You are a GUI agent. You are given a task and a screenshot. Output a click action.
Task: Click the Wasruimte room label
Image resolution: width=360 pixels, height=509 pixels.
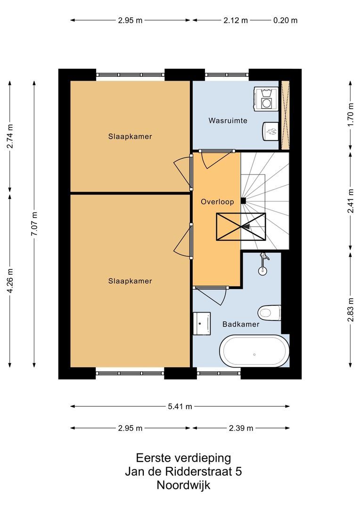(x=228, y=121)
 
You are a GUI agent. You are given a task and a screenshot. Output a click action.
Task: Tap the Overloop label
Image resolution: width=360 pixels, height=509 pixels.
(x=217, y=202)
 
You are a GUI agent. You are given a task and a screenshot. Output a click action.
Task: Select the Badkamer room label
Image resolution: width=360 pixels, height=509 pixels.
(x=241, y=324)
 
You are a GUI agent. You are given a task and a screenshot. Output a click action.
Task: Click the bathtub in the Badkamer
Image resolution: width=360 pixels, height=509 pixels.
(x=254, y=351)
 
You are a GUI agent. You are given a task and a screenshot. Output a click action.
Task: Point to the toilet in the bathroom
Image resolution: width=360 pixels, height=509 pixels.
(x=270, y=312)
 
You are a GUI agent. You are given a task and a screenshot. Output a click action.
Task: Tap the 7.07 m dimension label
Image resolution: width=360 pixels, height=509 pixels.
(x=34, y=224)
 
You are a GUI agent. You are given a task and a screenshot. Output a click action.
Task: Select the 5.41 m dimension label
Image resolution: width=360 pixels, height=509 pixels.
(x=180, y=406)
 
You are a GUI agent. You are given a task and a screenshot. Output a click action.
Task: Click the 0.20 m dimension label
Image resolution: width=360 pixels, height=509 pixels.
(x=286, y=20)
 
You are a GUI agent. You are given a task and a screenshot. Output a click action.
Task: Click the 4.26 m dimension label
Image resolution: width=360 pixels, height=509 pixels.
(x=10, y=280)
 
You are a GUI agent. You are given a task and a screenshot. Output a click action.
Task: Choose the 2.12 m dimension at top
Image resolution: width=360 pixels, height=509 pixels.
(x=236, y=20)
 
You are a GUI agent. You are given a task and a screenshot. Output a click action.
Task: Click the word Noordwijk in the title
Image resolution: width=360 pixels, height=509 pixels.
(x=183, y=485)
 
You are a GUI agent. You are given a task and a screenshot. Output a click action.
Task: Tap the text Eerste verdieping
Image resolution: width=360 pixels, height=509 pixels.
(x=183, y=458)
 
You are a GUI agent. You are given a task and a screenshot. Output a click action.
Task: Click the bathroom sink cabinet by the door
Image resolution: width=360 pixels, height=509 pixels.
(x=203, y=322)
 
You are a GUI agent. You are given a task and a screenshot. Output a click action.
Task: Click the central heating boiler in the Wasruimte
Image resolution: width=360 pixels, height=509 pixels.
(x=271, y=131)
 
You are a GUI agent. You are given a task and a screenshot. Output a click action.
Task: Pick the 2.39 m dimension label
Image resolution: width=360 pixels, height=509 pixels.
(x=241, y=428)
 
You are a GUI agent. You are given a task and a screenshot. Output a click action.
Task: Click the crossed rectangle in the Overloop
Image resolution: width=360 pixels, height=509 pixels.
(x=241, y=226)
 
